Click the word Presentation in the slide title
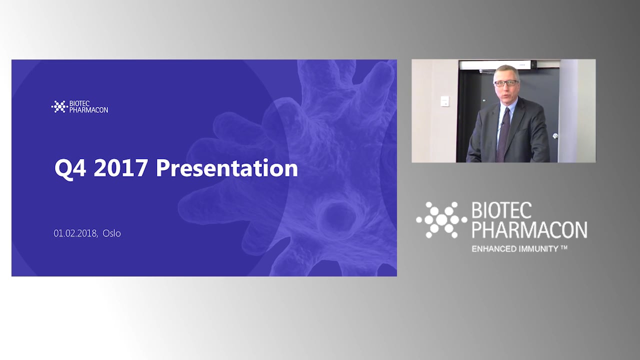click(x=226, y=168)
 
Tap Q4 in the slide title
click(x=70, y=168)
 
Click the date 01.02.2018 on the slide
click(x=75, y=233)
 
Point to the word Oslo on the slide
click(x=111, y=233)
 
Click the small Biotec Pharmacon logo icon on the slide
click(x=59, y=106)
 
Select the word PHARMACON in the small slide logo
click(x=88, y=110)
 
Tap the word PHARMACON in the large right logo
click(x=529, y=229)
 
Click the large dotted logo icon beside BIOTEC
click(x=440, y=220)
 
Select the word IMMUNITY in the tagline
click(x=537, y=248)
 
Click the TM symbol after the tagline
click(x=564, y=247)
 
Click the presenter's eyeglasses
click(x=506, y=83)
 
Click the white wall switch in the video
click(x=444, y=101)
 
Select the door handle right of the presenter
click(x=555, y=136)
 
